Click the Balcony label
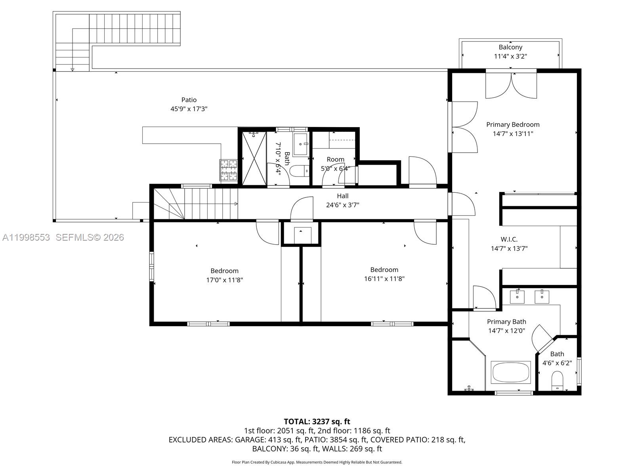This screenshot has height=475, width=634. (x=510, y=47)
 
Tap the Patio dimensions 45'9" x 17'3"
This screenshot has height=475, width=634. (x=189, y=109)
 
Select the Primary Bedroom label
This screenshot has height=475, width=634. (x=513, y=124)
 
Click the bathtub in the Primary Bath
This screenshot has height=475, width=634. (x=510, y=372)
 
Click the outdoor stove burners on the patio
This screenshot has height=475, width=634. (x=228, y=170)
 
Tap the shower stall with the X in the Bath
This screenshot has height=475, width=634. (x=254, y=159)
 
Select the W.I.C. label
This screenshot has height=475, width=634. (x=509, y=239)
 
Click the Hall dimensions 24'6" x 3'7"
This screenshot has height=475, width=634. (x=343, y=205)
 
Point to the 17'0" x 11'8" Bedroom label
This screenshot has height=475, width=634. (x=224, y=271)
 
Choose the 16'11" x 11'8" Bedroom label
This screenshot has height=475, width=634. (x=384, y=270)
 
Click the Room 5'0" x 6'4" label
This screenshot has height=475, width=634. (x=335, y=160)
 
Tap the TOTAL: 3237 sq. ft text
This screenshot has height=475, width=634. (x=317, y=422)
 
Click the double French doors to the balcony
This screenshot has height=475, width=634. (x=511, y=85)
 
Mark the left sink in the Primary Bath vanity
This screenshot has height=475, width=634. (x=517, y=296)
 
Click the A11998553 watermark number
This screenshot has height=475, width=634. (x=26, y=237)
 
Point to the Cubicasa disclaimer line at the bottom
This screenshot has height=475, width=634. (x=317, y=462)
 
